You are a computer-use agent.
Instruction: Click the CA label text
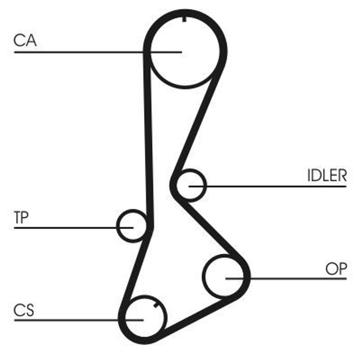[x=25, y=40]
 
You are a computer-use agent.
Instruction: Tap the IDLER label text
[x=327, y=175]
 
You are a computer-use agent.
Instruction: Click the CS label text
[x=24, y=310]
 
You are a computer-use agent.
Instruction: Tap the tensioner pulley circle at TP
[x=131, y=225]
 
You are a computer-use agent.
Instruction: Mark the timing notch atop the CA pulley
[x=184, y=19]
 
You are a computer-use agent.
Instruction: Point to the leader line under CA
[x=67, y=52]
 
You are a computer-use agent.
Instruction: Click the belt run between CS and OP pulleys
[x=198, y=319]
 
